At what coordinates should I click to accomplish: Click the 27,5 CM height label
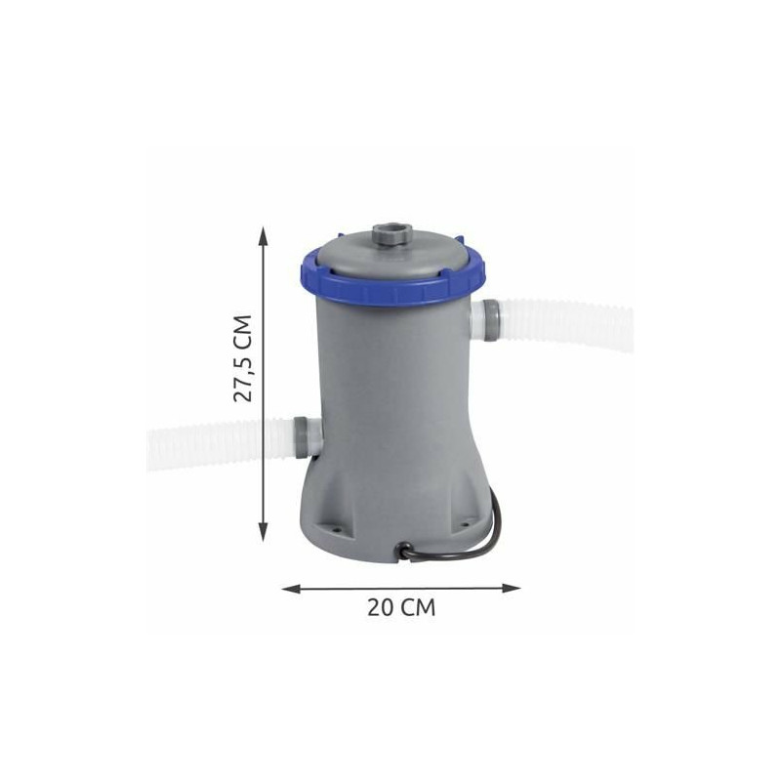243,357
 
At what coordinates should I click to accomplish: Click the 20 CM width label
401,607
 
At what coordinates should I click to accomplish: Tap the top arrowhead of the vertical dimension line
264,235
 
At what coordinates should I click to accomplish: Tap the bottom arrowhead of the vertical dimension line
264,531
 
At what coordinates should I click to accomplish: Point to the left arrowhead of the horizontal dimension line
292,589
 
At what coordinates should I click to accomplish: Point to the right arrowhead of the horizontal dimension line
511,589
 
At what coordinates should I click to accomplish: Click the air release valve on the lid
392,233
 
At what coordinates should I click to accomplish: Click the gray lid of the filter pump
392,254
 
